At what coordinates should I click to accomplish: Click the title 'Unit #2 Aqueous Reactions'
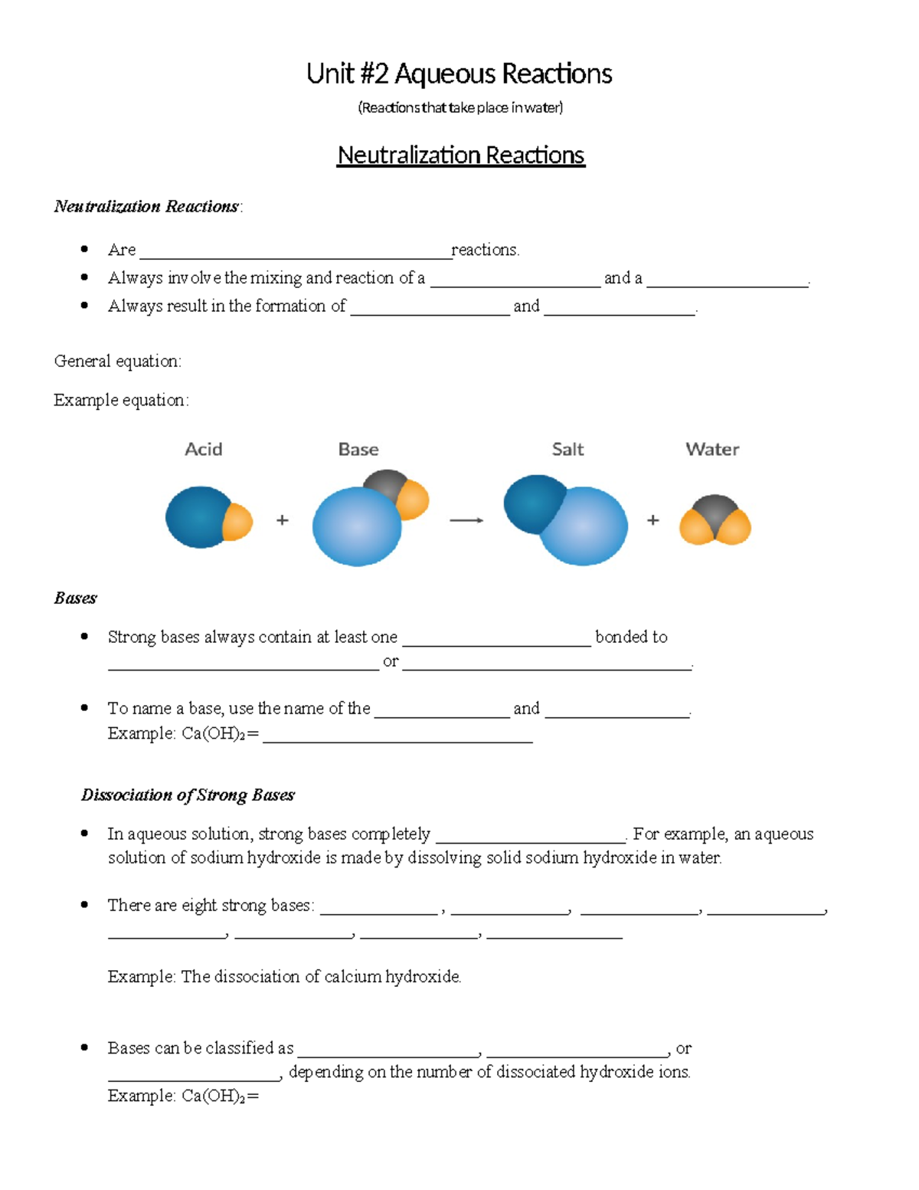tap(459, 74)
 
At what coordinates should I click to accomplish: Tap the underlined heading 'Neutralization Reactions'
tap(460, 156)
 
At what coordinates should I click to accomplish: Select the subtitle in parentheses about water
tap(460, 108)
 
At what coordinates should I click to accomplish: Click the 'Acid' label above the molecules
tap(203, 450)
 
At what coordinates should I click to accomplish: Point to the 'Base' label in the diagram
tap(358, 450)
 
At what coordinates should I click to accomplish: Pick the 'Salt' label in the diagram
tap(567, 450)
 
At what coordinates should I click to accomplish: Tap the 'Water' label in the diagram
tap(712, 450)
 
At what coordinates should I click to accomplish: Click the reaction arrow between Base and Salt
tap(466, 520)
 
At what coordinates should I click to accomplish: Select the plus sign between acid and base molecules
tap(283, 520)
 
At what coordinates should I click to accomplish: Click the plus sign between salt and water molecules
tap(652, 520)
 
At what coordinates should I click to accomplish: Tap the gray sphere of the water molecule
tap(715, 510)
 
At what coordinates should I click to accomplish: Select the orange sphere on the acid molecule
tap(239, 522)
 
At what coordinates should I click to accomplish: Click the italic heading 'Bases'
tap(75, 598)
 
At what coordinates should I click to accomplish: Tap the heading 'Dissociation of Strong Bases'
tap(188, 795)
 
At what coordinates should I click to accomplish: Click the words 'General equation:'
tap(118, 362)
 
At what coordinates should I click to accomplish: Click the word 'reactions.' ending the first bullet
tap(486, 250)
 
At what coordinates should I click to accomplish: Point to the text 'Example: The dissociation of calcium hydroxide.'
tap(284, 977)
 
